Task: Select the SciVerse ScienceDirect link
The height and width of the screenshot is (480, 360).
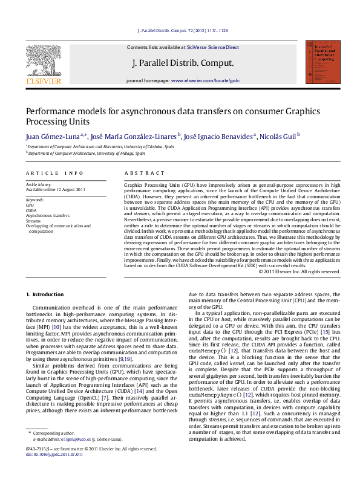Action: tap(213, 47)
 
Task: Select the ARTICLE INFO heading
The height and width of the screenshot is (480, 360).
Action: tap(54, 173)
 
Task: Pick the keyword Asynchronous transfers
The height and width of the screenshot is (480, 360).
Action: tap(48, 215)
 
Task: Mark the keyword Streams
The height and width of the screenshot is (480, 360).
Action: tap(34, 221)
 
